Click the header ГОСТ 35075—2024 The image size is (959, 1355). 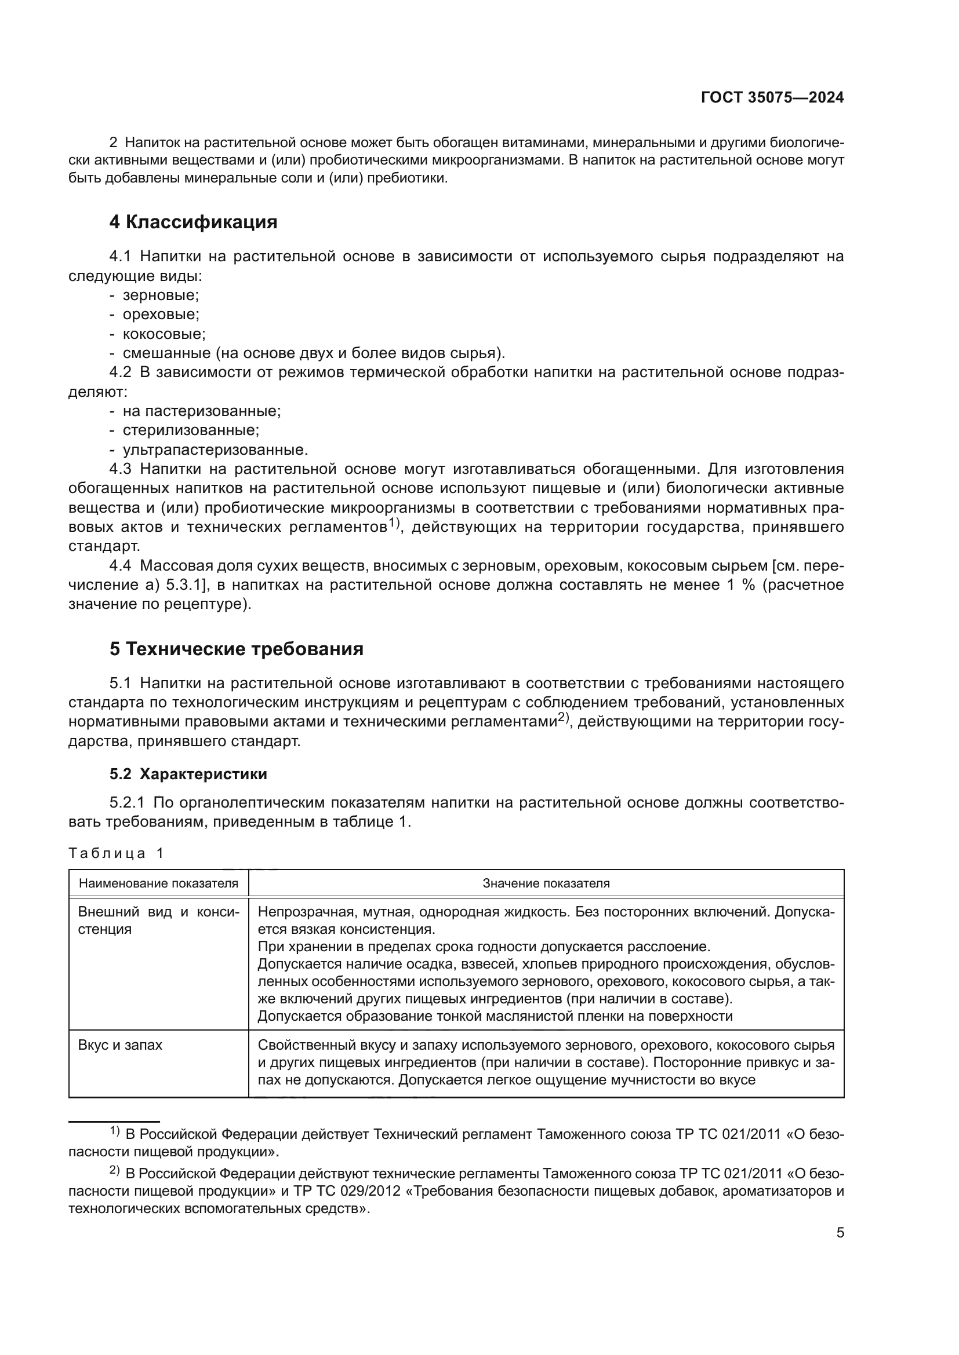pos(772,98)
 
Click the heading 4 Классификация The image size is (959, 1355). pos(193,222)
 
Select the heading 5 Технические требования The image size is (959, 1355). pos(236,649)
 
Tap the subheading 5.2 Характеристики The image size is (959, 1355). pos(188,775)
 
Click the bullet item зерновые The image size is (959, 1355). pos(161,295)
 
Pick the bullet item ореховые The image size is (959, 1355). pos(161,315)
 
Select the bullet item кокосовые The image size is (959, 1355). pos(164,334)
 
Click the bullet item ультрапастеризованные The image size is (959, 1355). pos(215,450)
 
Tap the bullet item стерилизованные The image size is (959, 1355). pos(191,430)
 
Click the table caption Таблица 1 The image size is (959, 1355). pos(116,853)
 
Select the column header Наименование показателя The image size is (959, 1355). pos(158,883)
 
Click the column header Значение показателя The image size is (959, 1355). pos(546,883)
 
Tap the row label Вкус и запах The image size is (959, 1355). pos(120,1045)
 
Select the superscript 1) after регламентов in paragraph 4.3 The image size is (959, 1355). pos(394,523)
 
